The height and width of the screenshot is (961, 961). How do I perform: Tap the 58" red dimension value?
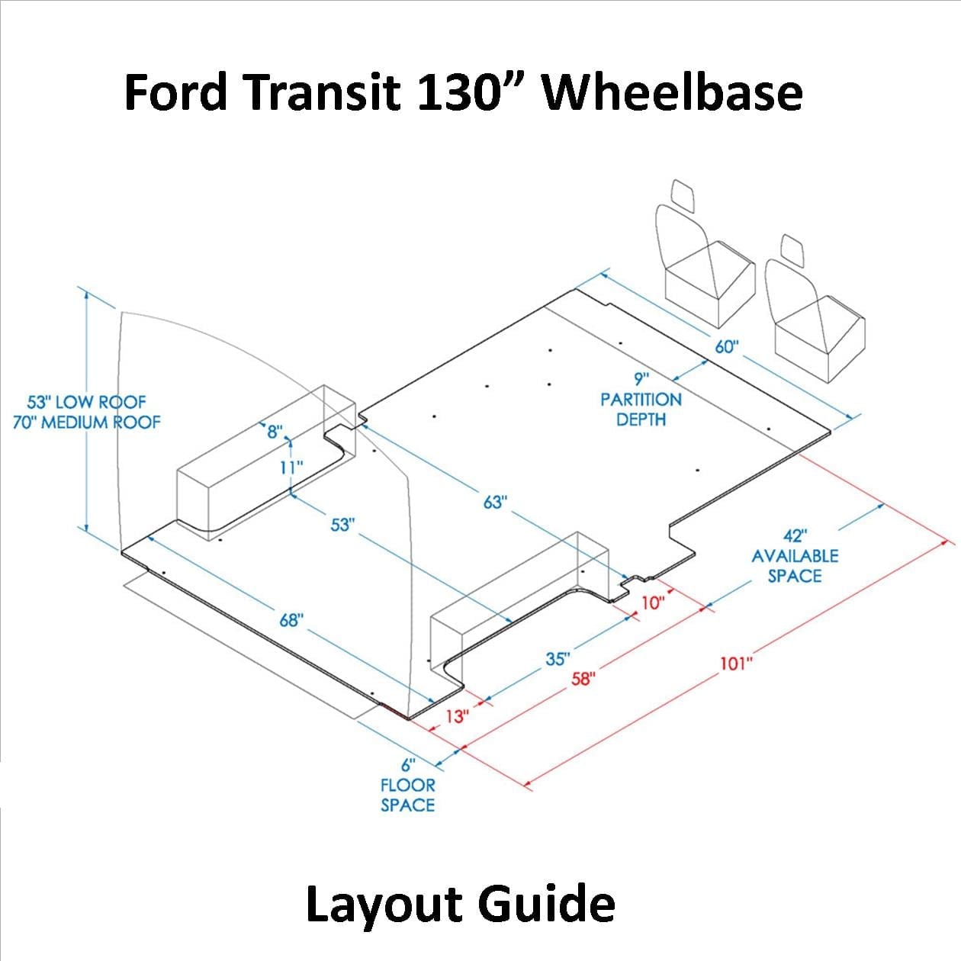[x=582, y=678]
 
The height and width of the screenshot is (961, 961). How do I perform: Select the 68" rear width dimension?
[x=291, y=620]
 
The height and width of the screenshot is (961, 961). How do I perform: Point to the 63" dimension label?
[x=495, y=502]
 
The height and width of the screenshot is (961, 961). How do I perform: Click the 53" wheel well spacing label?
[x=343, y=525]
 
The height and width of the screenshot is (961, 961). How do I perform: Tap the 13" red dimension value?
[x=457, y=716]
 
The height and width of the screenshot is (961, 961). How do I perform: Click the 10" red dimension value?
[x=653, y=603]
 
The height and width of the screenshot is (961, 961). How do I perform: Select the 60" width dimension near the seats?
[x=727, y=346]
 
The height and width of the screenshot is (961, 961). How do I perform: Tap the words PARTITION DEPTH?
[x=641, y=410]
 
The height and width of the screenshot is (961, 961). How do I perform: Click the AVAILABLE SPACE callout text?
[x=795, y=565]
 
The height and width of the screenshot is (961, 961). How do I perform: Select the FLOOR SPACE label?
[x=407, y=795]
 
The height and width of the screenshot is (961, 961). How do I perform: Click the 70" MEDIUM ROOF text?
[x=86, y=422]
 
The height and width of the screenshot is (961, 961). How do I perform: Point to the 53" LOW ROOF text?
[x=86, y=402]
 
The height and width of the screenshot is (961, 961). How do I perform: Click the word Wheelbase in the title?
[x=672, y=92]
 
